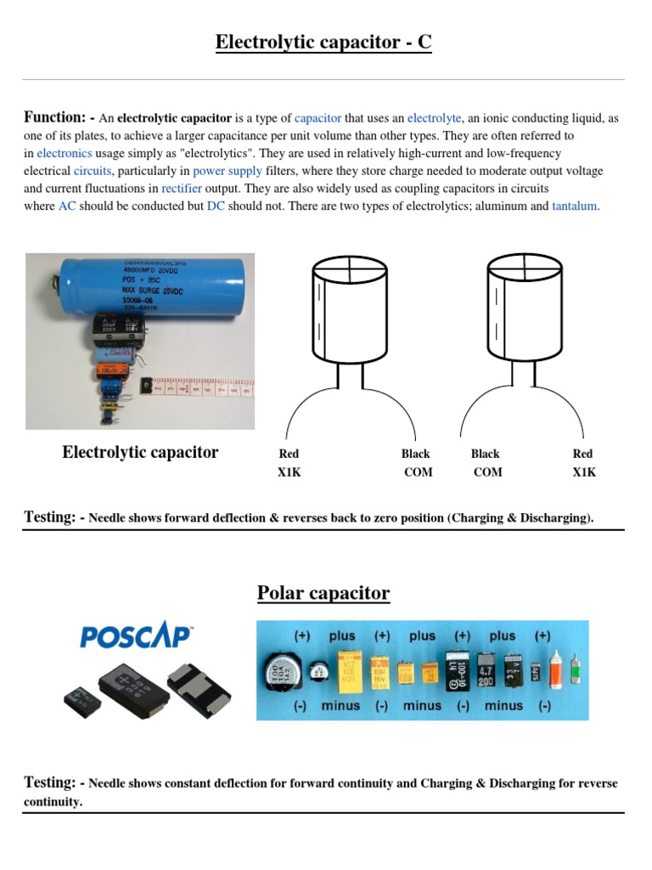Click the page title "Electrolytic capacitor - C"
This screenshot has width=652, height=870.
point(323,42)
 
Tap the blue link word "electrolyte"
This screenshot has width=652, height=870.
point(435,118)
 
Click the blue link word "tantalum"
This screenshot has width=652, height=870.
point(575,206)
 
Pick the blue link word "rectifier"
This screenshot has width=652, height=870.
point(182,189)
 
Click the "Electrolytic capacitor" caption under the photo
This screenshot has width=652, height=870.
point(140,453)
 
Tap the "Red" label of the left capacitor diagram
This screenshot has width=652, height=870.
point(289,455)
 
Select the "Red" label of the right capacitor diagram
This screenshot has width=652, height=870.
point(582,455)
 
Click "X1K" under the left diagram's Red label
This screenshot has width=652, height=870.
point(289,472)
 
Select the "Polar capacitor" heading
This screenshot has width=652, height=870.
point(323,593)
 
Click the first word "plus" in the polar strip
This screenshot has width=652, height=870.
point(342,636)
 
